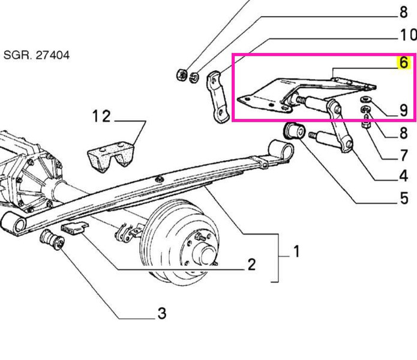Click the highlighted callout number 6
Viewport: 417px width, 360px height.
(x=403, y=63)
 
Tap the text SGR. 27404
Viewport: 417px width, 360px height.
(x=37, y=55)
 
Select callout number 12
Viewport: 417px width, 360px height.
(x=101, y=116)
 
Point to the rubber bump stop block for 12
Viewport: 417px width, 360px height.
(x=111, y=157)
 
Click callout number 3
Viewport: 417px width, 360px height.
(x=162, y=313)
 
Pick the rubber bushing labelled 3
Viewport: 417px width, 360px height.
(x=52, y=239)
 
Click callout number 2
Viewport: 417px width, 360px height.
(x=251, y=264)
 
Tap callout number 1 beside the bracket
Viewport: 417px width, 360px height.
(x=296, y=251)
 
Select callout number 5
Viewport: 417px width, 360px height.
(x=404, y=199)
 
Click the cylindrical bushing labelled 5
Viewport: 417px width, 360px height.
(x=294, y=131)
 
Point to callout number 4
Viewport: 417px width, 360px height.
(x=403, y=176)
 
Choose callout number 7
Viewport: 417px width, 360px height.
(x=404, y=155)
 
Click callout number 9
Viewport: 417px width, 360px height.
(x=403, y=110)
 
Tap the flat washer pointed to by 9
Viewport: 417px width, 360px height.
(x=366, y=100)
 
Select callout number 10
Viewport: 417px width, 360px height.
(x=407, y=35)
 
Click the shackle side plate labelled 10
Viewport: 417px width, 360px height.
(x=218, y=97)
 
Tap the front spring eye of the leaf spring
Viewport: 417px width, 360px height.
(x=14, y=223)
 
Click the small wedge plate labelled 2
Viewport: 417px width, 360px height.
(x=74, y=228)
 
